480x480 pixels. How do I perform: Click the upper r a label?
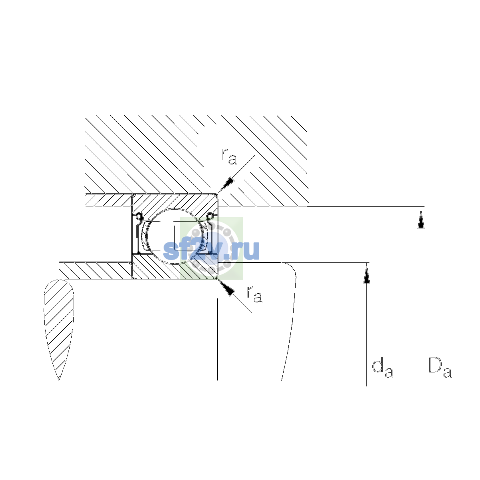pyautogui.click(x=229, y=156)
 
